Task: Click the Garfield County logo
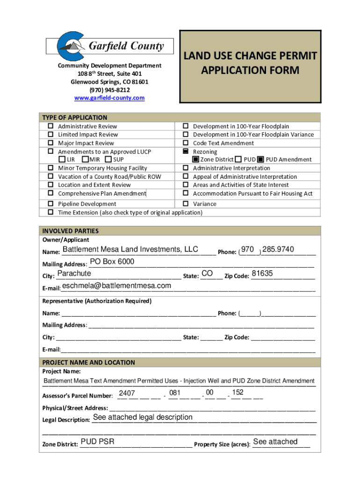pyautogui.click(x=110, y=45)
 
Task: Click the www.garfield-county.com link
pyautogui.click(x=110, y=98)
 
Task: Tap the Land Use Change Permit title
pyautogui.click(x=250, y=63)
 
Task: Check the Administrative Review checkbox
pyautogui.click(x=50, y=126)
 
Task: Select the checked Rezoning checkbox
pyautogui.click(x=185, y=152)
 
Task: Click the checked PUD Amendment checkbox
pyautogui.click(x=261, y=160)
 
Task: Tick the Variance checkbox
pyautogui.click(x=185, y=204)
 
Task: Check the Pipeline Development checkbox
pyautogui.click(x=50, y=204)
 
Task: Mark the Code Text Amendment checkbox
pyautogui.click(x=185, y=143)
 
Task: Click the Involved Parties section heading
pyautogui.click(x=71, y=231)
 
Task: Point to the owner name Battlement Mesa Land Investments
pyautogui.click(x=130, y=249)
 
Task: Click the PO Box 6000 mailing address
pyautogui.click(x=112, y=261)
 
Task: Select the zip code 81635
pyautogui.click(x=262, y=274)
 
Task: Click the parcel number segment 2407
pyautogui.click(x=127, y=393)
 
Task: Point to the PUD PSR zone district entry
pyautogui.click(x=97, y=442)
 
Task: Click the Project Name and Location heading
pyautogui.click(x=89, y=363)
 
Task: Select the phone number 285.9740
pyautogui.click(x=279, y=249)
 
